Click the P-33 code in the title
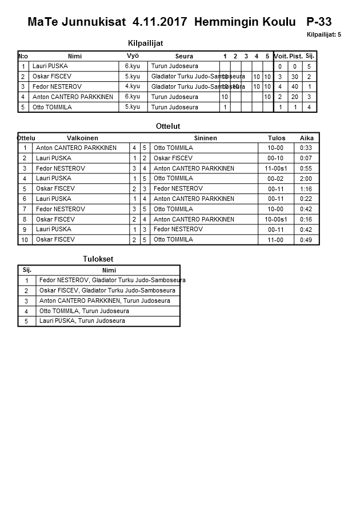[x=319, y=22]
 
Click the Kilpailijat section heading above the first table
[x=145, y=43]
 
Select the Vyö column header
[x=133, y=56]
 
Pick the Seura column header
[x=184, y=56]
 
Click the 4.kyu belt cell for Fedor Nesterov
[x=133, y=86]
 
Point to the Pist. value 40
[x=295, y=87]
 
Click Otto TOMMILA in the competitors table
[x=51, y=107]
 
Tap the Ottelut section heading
[x=168, y=126]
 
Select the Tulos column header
[x=276, y=138]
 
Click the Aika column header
[x=307, y=138]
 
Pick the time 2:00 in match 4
[x=307, y=179]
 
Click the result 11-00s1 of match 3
[x=275, y=168]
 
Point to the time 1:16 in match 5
[x=307, y=189]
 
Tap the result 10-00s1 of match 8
[x=275, y=219]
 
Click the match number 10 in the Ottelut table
[x=25, y=240]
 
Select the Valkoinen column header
[x=82, y=138]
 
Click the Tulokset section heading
[x=98, y=259]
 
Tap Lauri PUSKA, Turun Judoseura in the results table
[x=82, y=321]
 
